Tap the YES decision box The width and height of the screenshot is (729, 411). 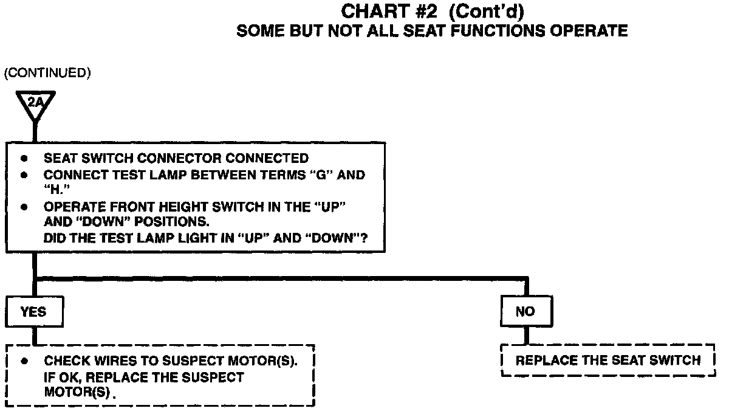pyautogui.click(x=33, y=312)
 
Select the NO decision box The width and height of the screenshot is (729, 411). pyautogui.click(x=525, y=312)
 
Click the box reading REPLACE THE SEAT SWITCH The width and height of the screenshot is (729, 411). pyautogui.click(x=608, y=361)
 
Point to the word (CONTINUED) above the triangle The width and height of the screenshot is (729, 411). pyautogui.click(x=47, y=74)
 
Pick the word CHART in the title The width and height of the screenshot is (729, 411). pyautogui.click(x=372, y=11)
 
